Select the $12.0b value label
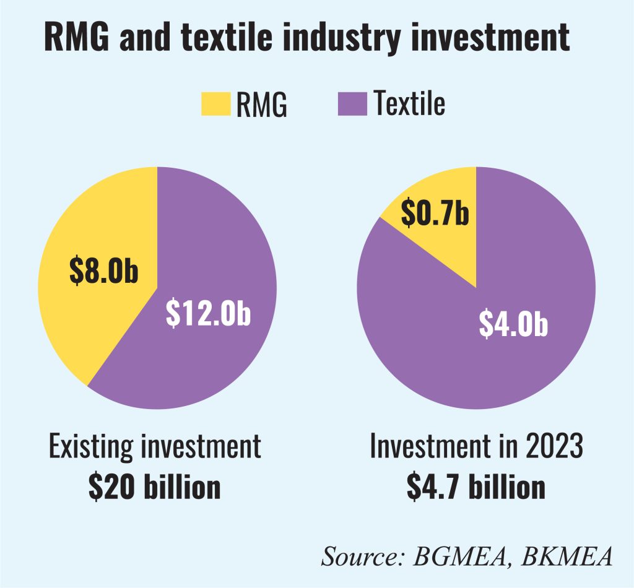click(x=208, y=314)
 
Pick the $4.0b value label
click(x=514, y=324)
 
